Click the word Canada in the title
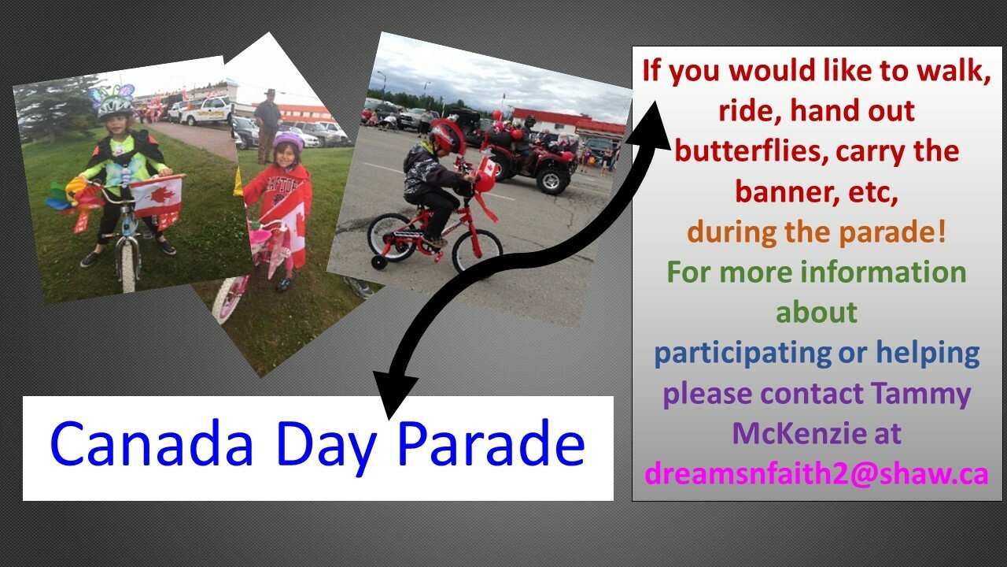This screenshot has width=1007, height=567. [152, 443]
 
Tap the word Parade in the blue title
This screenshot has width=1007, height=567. [492, 443]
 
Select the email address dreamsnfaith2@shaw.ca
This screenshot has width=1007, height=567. [817, 474]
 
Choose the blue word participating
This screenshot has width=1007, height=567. [743, 354]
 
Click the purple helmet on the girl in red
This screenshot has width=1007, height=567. [288, 141]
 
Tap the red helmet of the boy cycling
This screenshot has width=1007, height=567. [447, 136]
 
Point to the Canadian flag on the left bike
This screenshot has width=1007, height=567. [157, 197]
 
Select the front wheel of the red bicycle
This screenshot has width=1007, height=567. [477, 253]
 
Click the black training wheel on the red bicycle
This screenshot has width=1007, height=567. [379, 262]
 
